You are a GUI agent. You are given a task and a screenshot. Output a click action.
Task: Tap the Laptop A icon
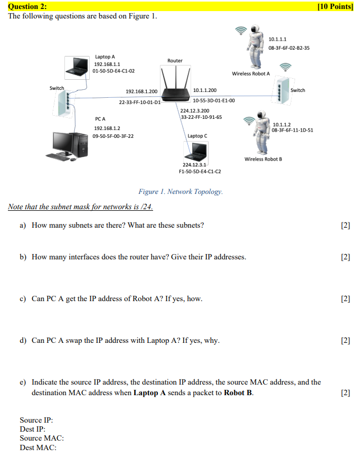[78, 66]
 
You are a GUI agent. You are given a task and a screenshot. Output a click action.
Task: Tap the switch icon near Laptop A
[61, 100]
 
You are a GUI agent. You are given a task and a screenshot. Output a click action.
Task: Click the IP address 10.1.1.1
[278, 40]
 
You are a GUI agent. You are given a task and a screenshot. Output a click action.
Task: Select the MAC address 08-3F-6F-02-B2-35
[289, 48]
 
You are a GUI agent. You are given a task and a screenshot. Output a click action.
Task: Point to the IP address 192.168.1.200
[141, 91]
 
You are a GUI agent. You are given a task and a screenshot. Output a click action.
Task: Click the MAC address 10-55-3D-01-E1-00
[214, 100]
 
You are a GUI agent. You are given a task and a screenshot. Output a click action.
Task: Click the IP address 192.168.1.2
[107, 128]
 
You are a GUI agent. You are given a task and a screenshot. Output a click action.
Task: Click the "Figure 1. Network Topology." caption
[181, 191]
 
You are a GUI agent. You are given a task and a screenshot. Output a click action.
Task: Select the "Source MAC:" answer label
[42, 438]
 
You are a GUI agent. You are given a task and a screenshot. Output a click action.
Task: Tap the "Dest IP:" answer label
[33, 429]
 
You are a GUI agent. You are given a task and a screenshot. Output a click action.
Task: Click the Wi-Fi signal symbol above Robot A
[241, 31]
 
